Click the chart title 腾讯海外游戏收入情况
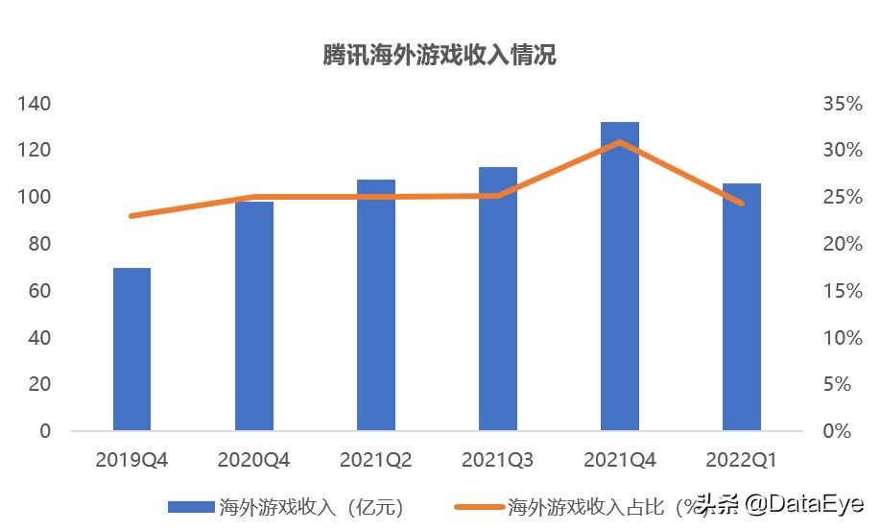coord(439,56)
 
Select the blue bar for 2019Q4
coord(131,349)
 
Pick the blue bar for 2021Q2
coord(375,304)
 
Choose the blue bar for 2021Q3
coord(497,299)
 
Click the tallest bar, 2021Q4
coord(619,276)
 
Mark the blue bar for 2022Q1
coord(741,306)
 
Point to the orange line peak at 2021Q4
coord(619,142)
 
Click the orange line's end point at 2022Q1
coord(741,204)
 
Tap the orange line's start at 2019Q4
coord(131,216)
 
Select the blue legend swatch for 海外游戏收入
coord(190,506)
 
